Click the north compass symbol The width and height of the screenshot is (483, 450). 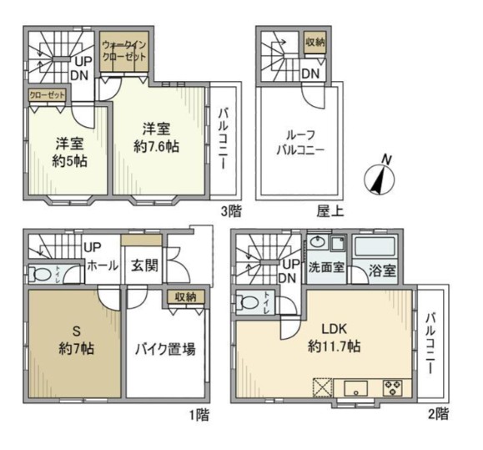[x=380, y=177]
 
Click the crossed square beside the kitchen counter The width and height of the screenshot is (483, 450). [x=323, y=387]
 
